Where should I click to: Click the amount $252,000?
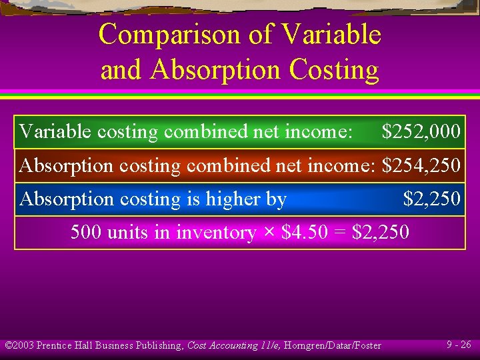(x=421, y=131)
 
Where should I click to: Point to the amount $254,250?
(x=421, y=165)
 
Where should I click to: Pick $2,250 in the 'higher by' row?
(x=431, y=199)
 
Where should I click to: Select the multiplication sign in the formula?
(x=269, y=233)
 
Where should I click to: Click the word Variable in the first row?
(x=55, y=131)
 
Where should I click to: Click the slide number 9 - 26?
(x=459, y=345)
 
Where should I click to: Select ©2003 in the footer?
(x=19, y=345)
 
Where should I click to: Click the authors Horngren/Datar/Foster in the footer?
(x=334, y=345)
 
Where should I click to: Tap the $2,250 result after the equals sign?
(x=381, y=232)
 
